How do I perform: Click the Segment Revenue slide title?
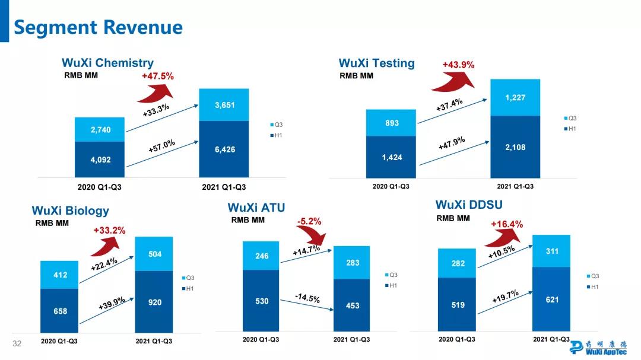click(98, 27)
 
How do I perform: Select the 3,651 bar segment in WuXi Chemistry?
click(224, 105)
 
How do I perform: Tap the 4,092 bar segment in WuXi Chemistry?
click(100, 160)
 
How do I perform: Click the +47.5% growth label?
click(157, 76)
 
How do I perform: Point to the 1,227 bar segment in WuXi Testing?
click(515, 97)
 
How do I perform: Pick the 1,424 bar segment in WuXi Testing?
click(392, 157)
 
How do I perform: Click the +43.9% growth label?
click(458, 65)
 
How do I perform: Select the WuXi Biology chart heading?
click(70, 211)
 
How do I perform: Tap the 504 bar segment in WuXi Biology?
click(154, 254)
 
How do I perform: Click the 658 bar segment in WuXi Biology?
click(60, 311)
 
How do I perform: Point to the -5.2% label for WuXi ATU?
click(309, 222)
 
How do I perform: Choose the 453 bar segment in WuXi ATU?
click(353, 305)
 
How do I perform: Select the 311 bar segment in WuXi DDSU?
click(552, 251)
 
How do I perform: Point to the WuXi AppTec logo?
click(599, 346)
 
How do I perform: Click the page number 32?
click(17, 344)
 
